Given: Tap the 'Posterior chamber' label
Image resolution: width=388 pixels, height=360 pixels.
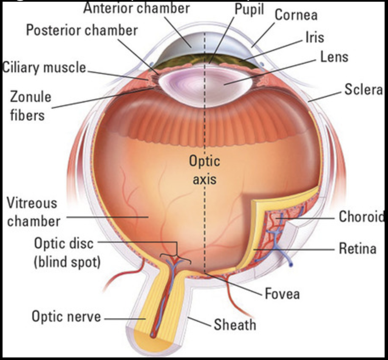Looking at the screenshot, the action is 82,31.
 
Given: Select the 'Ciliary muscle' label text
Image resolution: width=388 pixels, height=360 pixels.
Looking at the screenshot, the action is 44,67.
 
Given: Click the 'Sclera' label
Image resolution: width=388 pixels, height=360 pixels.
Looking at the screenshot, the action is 363,90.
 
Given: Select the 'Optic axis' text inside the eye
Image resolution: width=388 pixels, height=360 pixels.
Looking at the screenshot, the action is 205,170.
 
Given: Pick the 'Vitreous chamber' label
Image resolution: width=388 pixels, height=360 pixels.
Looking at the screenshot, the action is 33,212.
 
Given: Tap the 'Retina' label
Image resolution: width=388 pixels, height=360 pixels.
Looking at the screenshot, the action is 357,248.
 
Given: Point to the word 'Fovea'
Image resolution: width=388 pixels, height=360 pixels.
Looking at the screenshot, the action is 282,293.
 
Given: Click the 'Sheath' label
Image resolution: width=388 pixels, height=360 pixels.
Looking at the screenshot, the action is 235,325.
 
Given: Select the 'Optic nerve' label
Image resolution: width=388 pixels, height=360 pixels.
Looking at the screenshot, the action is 66,316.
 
